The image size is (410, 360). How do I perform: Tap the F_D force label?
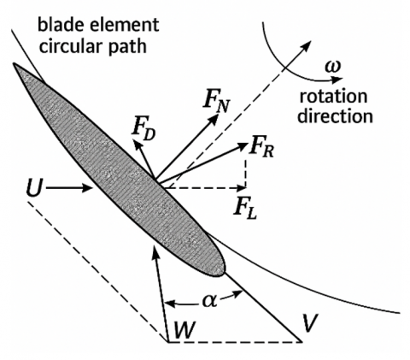point(143,132)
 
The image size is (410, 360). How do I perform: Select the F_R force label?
point(262,148)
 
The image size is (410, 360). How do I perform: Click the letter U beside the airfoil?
point(34,188)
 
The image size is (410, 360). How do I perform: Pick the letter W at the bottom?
point(185,331)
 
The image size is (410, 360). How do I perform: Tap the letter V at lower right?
point(311,324)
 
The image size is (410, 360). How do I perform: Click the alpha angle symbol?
point(210,301)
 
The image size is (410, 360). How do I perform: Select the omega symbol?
point(333,67)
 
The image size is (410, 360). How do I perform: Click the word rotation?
point(333,97)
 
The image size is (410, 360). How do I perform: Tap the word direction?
point(335,116)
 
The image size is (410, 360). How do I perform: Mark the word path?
point(126,47)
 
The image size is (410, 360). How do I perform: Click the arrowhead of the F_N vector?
point(214,117)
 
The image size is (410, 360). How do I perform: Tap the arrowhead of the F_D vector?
point(137,144)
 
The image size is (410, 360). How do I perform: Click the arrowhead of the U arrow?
point(88,188)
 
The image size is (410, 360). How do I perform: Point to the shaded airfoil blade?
point(120,170)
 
